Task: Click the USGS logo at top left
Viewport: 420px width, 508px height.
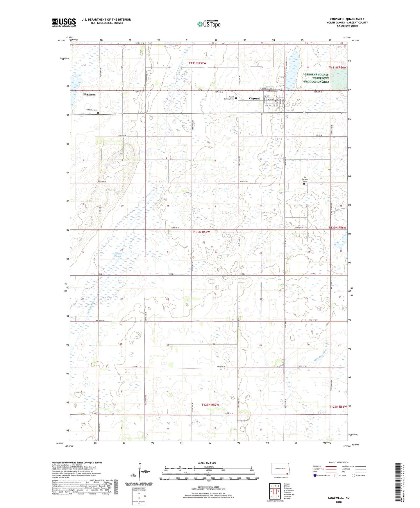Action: point(64,22)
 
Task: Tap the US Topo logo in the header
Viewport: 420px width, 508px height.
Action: point(208,24)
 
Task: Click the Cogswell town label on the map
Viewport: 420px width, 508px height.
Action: point(255,99)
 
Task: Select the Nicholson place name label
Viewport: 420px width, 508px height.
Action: point(89,95)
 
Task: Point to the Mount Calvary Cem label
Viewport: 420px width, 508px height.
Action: point(229,98)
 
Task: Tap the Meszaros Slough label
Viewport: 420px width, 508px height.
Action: point(117,255)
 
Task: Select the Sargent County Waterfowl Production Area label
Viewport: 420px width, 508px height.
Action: point(317,78)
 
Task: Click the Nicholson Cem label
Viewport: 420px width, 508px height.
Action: point(91,110)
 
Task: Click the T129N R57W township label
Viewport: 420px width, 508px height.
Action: point(210,405)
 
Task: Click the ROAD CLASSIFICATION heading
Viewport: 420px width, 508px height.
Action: point(339,462)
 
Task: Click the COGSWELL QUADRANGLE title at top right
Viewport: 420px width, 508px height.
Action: point(347,19)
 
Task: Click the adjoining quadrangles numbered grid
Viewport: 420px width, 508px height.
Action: point(275,491)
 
